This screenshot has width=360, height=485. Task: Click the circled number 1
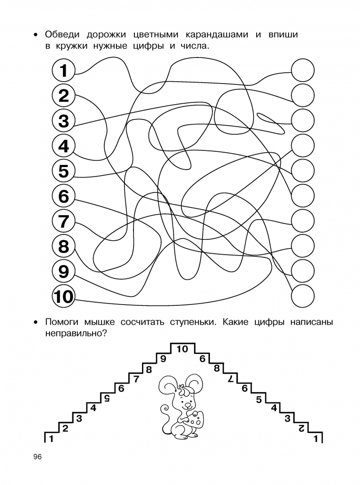tap(64, 71)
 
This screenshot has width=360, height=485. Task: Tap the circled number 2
tap(64, 96)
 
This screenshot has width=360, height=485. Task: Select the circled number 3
tap(64, 121)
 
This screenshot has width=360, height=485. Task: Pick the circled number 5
tap(64, 171)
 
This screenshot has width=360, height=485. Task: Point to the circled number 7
tap(64, 221)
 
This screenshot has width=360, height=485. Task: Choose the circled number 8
tap(64, 246)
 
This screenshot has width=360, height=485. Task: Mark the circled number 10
tap(63, 297)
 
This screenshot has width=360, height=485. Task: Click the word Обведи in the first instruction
tap(63, 35)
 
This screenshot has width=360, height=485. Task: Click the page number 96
tap(37, 457)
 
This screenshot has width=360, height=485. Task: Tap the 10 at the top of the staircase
tap(182, 349)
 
